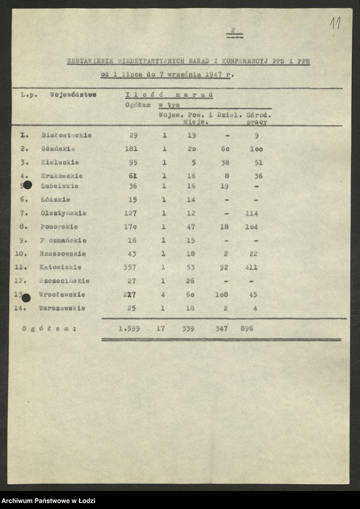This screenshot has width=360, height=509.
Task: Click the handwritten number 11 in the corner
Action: (335, 24)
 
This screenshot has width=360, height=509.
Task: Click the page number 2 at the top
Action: (233, 30)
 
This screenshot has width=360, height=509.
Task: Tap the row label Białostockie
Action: (67, 135)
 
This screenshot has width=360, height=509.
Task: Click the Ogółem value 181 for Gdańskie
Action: (131, 149)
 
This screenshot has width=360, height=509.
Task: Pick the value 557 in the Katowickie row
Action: (130, 267)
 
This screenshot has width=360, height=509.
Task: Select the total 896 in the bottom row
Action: (246, 328)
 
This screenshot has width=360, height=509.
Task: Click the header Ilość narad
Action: (168, 95)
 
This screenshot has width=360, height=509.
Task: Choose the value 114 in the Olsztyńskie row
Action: (252, 213)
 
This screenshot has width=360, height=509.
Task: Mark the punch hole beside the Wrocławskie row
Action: (26, 298)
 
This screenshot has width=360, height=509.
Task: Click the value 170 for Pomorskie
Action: (130, 227)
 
